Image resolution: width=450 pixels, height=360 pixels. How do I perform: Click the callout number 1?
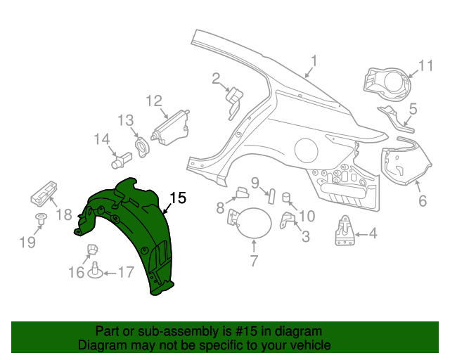[314, 61]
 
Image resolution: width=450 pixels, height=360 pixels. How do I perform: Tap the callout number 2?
[216, 79]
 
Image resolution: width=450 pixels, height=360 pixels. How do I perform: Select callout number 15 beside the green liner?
[178, 198]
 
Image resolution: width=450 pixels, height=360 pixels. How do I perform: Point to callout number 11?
[426, 66]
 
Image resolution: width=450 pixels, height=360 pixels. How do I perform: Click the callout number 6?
[423, 201]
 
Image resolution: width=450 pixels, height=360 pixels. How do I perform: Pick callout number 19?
[27, 243]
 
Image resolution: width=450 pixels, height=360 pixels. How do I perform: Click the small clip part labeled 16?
[91, 249]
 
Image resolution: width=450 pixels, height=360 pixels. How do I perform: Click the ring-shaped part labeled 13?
[143, 146]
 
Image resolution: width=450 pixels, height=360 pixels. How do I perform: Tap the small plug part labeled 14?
[119, 161]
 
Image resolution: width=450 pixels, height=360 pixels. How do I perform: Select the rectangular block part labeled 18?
[44, 191]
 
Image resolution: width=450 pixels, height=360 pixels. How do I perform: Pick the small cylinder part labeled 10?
[287, 196]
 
